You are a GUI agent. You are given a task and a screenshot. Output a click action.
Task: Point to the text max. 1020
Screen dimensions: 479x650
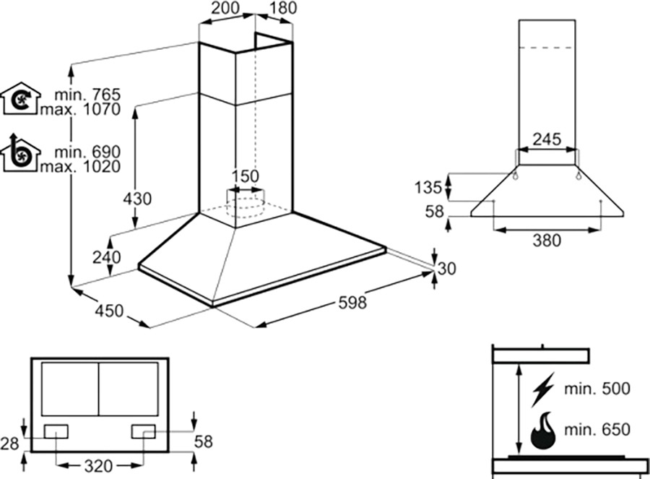tap(79, 167)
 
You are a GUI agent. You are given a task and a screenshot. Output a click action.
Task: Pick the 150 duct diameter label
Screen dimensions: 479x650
tap(245, 177)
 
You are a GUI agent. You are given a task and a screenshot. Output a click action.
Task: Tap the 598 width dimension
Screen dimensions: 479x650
tap(352, 303)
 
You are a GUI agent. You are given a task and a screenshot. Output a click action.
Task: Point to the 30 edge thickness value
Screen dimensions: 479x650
tap(448, 269)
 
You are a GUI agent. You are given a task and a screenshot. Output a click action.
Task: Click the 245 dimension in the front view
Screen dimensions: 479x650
tap(547, 139)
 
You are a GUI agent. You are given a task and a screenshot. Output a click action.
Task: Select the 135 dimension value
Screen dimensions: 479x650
tap(428, 188)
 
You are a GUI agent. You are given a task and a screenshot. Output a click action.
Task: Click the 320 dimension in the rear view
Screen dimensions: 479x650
tap(98, 466)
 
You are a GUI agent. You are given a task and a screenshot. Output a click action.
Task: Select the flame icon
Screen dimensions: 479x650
tap(544, 431)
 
